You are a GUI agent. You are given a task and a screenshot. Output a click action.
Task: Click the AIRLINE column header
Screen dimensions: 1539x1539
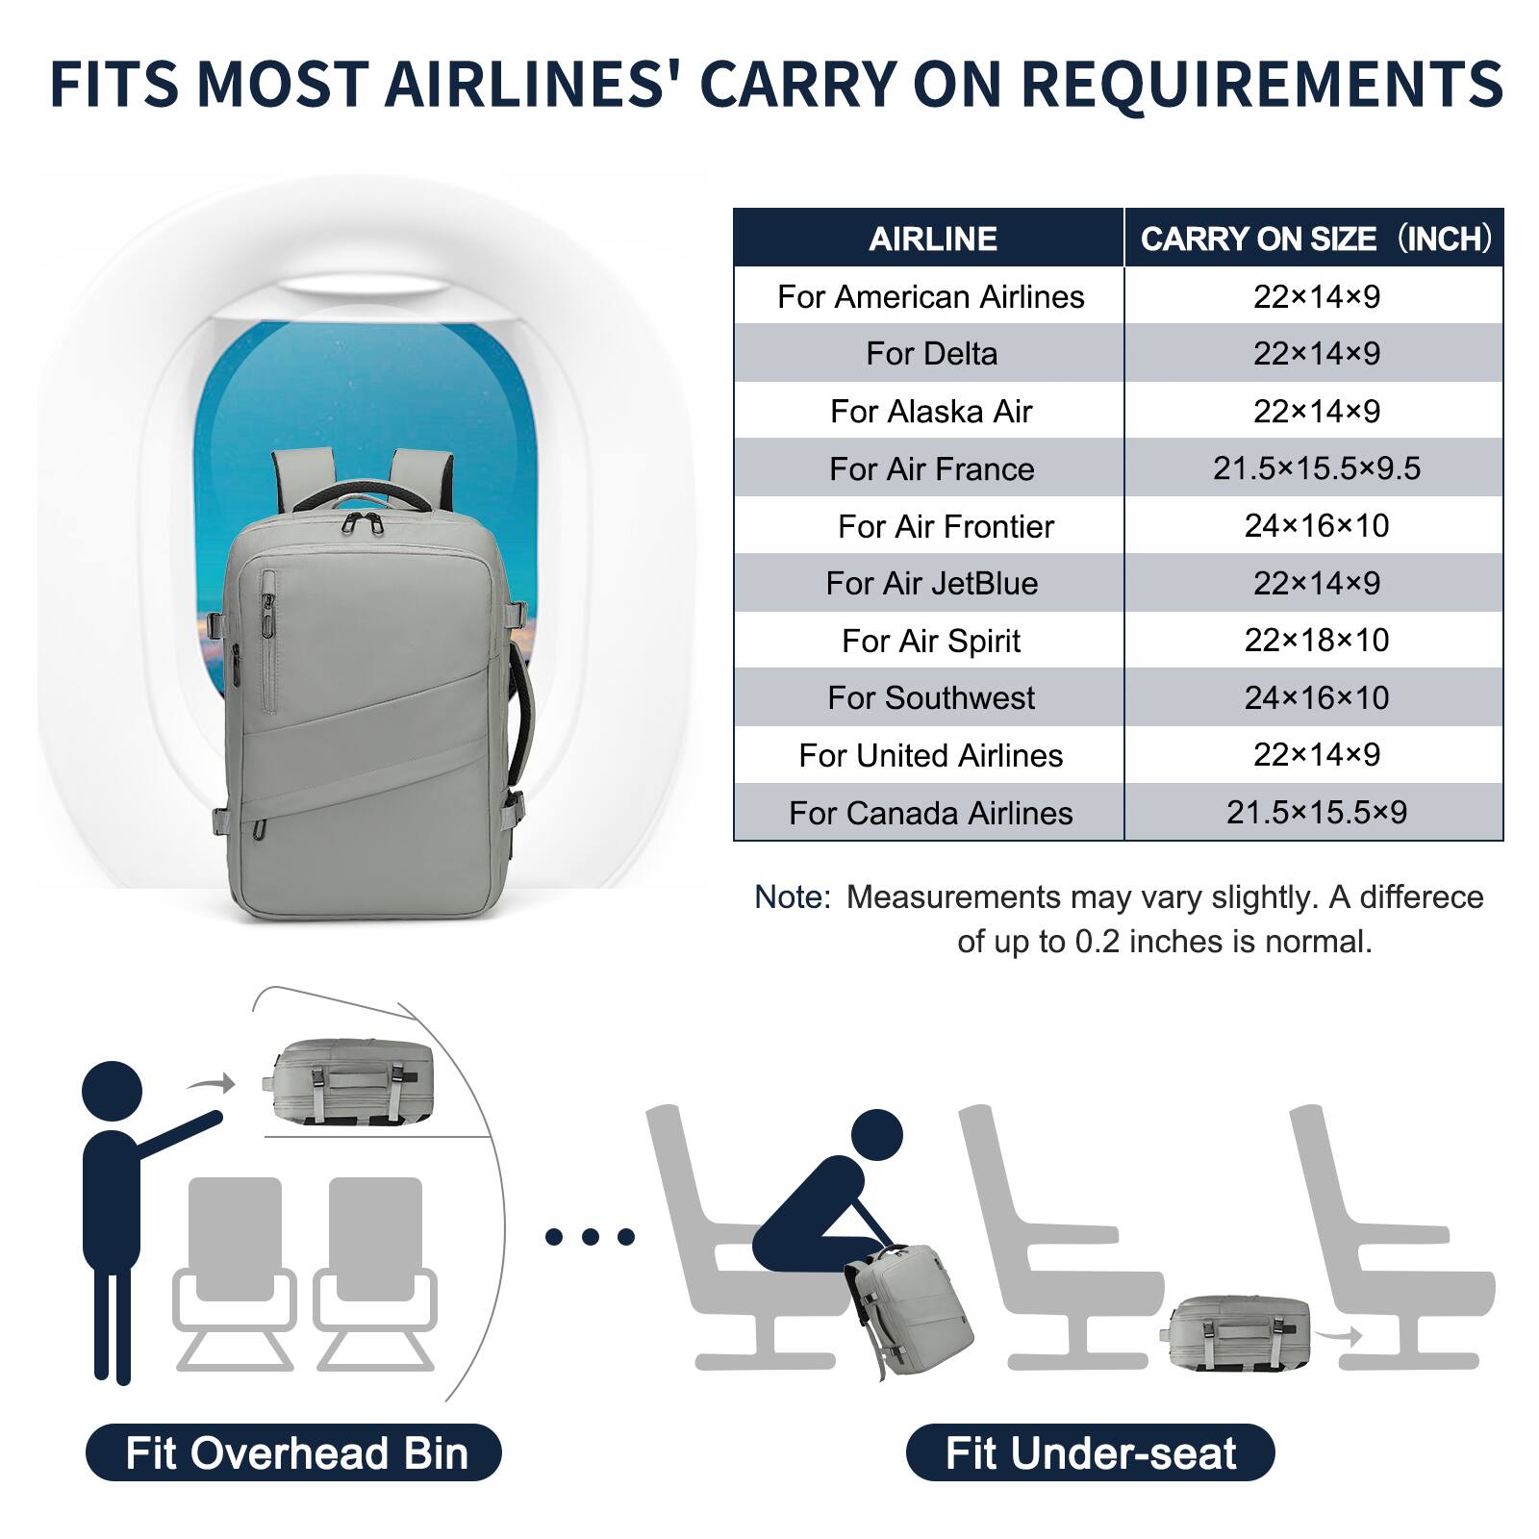point(932,239)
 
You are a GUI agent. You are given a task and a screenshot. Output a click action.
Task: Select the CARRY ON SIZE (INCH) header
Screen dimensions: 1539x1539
point(1315,239)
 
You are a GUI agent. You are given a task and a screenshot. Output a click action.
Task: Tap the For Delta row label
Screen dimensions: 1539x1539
point(931,354)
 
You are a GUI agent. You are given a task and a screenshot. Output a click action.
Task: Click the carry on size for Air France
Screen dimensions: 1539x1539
point(1316,468)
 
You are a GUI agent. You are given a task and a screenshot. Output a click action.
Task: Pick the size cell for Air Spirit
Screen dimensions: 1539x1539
point(1316,641)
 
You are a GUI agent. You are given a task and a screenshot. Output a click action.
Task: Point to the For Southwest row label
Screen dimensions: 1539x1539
point(931,698)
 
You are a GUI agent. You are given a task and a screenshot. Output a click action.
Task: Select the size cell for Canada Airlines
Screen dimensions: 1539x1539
point(1316,813)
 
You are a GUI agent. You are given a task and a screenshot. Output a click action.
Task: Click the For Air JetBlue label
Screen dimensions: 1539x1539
point(931,584)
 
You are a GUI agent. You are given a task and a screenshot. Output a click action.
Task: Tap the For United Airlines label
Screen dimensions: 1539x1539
point(931,756)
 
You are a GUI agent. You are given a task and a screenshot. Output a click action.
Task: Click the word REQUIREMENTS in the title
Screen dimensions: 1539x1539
point(1261,85)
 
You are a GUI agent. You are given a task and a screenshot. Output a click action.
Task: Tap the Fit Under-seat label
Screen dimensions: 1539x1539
point(1090,1452)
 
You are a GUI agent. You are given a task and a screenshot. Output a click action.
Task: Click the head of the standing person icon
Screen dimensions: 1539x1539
point(113,1091)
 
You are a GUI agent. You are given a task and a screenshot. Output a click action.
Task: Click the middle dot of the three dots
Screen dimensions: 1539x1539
point(590,1237)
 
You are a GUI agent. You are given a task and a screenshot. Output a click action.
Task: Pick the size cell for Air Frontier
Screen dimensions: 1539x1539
point(1316,526)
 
